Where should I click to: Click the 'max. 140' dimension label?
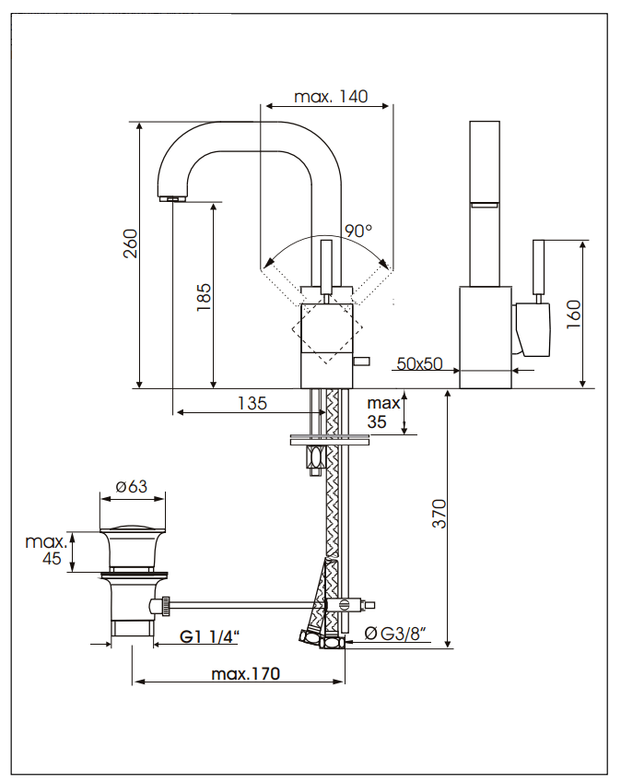pos(331,97)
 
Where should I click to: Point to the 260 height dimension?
pos(131,244)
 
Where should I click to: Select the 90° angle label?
pos(358,231)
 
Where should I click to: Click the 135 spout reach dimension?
pos(252,403)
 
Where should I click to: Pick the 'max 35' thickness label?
pos(383,413)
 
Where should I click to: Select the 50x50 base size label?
pos(419,363)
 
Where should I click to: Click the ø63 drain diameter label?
pos(133,487)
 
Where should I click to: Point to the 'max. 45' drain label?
pos(45,550)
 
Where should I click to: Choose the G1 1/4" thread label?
pos(209,636)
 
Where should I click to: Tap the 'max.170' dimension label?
pos(245,673)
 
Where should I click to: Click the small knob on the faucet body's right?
pos(362,360)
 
